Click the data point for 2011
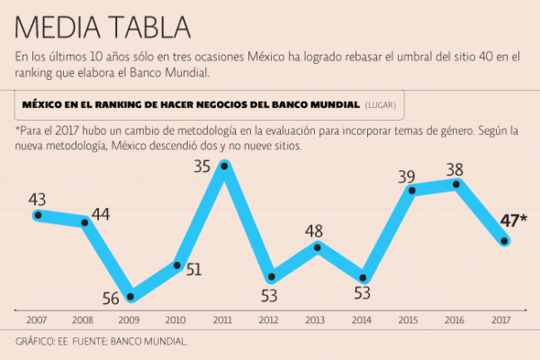pyautogui.click(x=225, y=166)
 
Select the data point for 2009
pyautogui.click(x=131, y=296)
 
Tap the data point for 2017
pyautogui.click(x=506, y=240)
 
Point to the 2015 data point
pyautogui.click(x=412, y=190)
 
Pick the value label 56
pyautogui.click(x=110, y=300)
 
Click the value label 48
pyautogui.click(x=313, y=230)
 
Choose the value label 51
pyautogui.click(x=193, y=268)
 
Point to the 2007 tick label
pyautogui.click(x=37, y=319)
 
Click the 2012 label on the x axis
pyautogui.click(x=269, y=319)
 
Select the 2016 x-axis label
pyautogui.click(x=455, y=319)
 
